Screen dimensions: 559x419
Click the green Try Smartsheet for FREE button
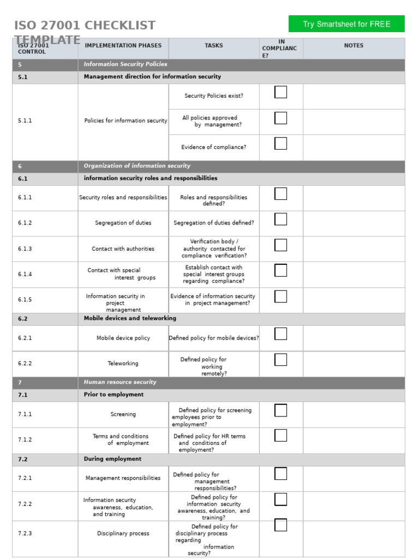(346, 24)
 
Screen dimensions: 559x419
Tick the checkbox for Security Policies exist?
(280, 92)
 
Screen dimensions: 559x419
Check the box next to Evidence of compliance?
(280, 144)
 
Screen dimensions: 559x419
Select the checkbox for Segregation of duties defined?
(280, 219)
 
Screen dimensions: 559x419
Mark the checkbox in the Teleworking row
(280, 360)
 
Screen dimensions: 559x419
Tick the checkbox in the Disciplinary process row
(280, 525)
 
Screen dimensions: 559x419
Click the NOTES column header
(354, 46)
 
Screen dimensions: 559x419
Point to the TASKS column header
(213, 46)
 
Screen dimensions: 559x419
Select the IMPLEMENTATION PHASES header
(123, 46)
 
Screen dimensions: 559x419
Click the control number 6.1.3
(25, 249)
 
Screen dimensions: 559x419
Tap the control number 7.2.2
(25, 504)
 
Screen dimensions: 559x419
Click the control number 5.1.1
(25, 121)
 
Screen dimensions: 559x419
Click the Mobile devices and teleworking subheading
(130, 319)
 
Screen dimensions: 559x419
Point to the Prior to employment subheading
(113, 395)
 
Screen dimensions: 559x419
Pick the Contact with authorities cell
(123, 249)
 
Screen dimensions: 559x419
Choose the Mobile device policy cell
(123, 338)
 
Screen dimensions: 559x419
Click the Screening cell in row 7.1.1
(123, 415)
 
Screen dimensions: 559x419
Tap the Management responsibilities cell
(123, 478)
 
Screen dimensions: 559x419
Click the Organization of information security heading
(137, 166)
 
